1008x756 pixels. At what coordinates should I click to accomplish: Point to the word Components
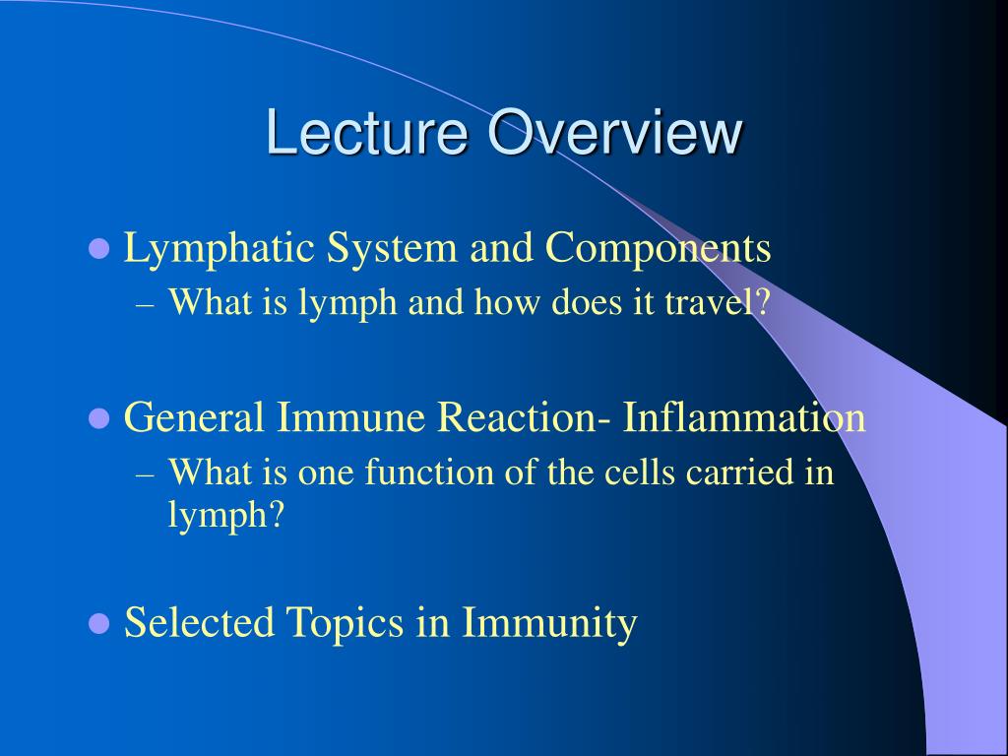pos(659,249)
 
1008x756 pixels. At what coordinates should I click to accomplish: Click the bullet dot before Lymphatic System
pos(98,248)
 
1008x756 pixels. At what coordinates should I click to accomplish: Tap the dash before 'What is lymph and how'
pos(146,305)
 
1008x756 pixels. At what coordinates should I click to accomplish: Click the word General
pos(194,417)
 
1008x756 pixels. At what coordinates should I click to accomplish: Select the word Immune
pos(351,417)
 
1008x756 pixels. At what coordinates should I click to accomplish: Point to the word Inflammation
pos(744,417)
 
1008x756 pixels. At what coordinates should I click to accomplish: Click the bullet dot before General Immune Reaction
pos(98,418)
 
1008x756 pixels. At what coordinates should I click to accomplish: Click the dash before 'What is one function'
pos(146,475)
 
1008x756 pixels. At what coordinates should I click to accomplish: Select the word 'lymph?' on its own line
pos(225,515)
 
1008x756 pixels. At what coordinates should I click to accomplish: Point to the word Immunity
pos(549,623)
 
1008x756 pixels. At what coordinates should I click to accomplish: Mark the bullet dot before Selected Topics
pos(98,623)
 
